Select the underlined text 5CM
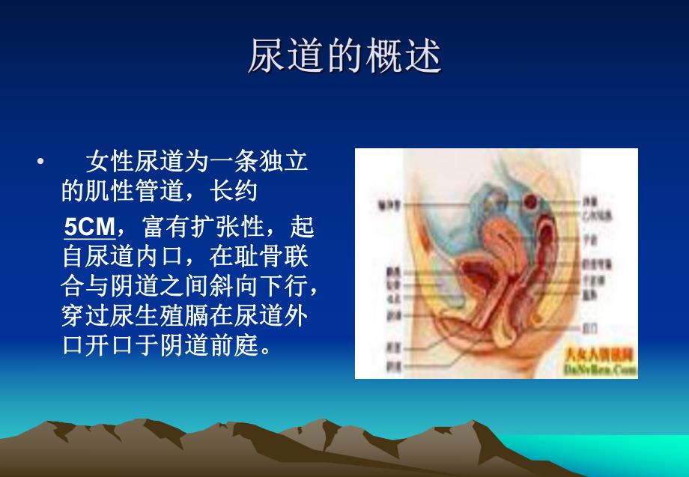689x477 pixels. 89,225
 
